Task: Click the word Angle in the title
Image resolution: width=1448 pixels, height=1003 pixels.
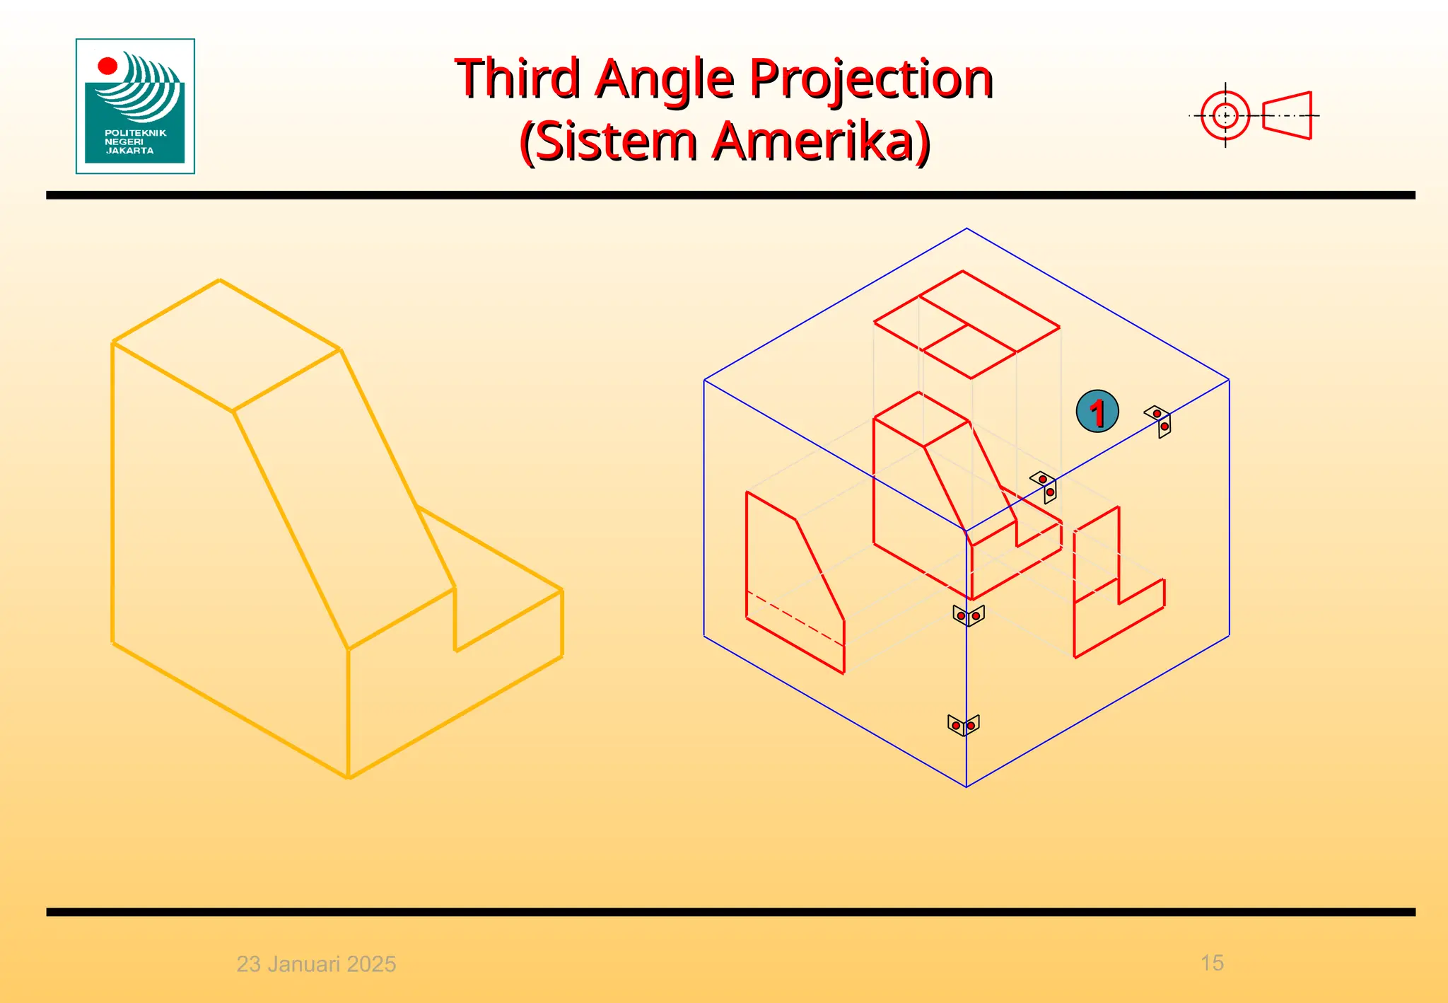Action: click(x=665, y=79)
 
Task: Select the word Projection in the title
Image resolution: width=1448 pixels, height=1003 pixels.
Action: click(x=871, y=79)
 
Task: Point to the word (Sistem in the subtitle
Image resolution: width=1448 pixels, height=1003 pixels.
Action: click(x=609, y=141)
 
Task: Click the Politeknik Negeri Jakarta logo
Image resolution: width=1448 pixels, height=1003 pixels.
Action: click(x=135, y=106)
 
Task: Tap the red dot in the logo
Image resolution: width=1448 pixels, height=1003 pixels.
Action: click(x=107, y=66)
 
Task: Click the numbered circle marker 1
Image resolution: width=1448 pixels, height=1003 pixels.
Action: click(x=1097, y=411)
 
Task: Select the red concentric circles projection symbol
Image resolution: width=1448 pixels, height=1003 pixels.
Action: click(x=1225, y=115)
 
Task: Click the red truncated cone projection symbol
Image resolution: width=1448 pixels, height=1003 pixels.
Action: click(x=1287, y=115)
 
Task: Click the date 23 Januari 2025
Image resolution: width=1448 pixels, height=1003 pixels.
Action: click(x=316, y=963)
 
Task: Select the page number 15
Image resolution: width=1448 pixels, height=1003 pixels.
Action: click(x=1212, y=963)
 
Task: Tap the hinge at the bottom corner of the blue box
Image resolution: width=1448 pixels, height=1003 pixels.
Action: click(x=963, y=725)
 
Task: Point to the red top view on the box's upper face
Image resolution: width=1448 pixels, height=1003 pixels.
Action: click(x=967, y=325)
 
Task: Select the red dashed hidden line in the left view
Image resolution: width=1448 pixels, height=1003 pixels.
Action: click(x=795, y=618)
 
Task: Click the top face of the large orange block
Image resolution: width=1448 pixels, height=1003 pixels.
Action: click(x=226, y=345)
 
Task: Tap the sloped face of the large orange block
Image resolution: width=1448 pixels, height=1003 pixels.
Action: click(x=344, y=495)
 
